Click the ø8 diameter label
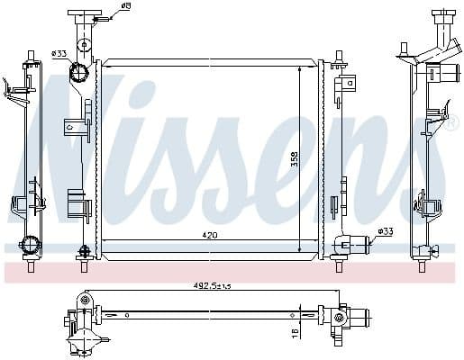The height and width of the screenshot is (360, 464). pyautogui.click(x=125, y=7)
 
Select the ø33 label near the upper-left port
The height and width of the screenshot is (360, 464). pyautogui.click(x=60, y=52)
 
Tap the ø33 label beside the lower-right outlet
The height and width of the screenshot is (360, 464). pyautogui.click(x=385, y=231)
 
